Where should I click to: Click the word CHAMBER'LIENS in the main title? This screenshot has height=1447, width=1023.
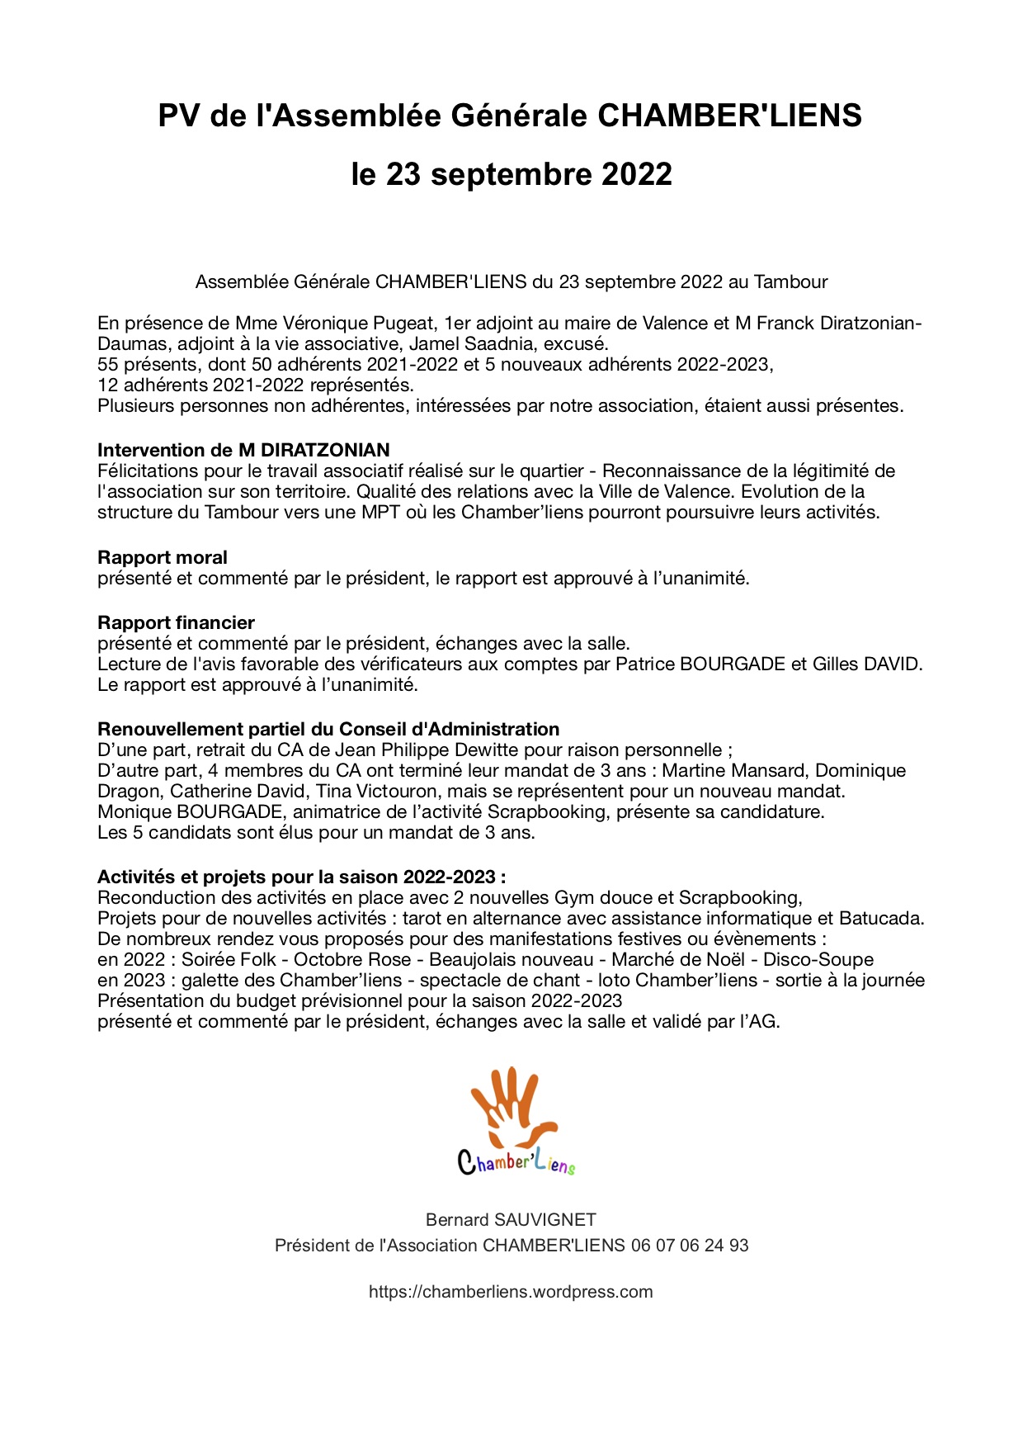tap(729, 116)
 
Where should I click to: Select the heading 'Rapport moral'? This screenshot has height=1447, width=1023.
tap(163, 557)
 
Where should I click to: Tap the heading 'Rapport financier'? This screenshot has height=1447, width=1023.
tap(176, 622)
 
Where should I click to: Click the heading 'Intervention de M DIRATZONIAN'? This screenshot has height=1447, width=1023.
tap(243, 450)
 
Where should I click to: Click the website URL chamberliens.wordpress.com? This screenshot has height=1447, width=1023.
tap(511, 1292)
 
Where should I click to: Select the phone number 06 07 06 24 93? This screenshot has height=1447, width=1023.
tap(690, 1245)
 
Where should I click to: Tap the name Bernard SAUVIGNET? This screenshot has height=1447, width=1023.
tap(511, 1219)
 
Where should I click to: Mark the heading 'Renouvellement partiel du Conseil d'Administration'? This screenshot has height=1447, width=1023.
tap(328, 729)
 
